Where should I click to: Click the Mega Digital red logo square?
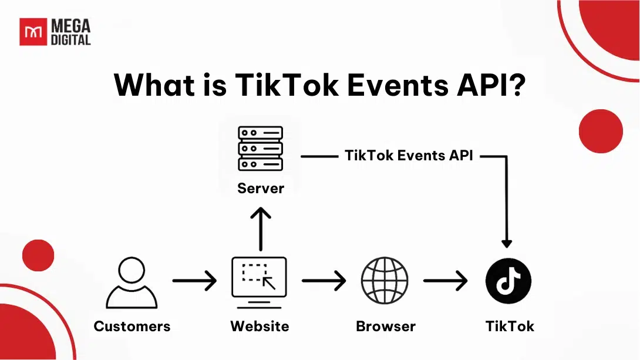(33, 32)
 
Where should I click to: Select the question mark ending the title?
(516, 85)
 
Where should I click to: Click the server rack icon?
(260, 149)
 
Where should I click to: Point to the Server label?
(260, 189)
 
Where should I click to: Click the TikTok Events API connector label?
(409, 156)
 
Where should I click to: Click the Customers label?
(132, 327)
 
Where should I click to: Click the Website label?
(260, 327)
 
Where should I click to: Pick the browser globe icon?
(385, 281)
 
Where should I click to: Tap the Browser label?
(385, 327)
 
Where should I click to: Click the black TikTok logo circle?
(508, 281)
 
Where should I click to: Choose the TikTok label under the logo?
(510, 327)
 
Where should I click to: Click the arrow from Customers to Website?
(194, 281)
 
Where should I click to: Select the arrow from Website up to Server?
(260, 229)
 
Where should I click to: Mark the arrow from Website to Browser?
(324, 281)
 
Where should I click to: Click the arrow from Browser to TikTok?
(445, 281)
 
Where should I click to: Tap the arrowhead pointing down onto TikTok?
(507, 243)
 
